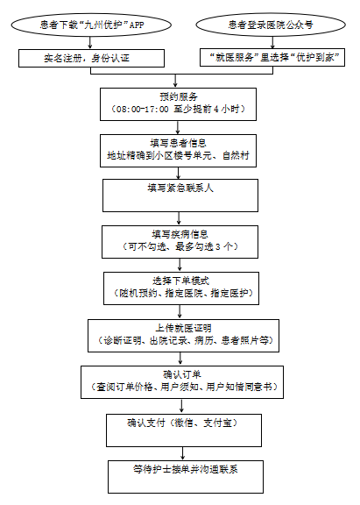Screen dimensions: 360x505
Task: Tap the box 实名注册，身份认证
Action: (x=91, y=58)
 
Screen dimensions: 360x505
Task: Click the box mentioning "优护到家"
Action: (x=272, y=58)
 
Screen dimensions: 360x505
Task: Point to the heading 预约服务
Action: (x=178, y=96)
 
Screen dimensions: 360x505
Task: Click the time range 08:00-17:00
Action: (x=142, y=110)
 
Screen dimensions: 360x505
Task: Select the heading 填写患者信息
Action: (x=178, y=143)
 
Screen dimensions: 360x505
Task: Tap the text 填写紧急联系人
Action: (x=180, y=188)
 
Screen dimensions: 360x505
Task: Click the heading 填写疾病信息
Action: (x=180, y=234)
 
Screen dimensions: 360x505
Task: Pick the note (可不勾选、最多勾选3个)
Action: (x=180, y=246)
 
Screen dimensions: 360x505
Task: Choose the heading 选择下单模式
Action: (x=180, y=281)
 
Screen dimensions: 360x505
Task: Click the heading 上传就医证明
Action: (x=183, y=328)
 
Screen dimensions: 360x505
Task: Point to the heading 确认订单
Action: (x=182, y=374)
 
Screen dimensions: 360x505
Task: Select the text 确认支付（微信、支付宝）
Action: (x=182, y=423)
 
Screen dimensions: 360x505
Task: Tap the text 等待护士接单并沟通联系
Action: (x=186, y=469)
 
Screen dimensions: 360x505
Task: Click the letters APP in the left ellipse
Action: (x=137, y=25)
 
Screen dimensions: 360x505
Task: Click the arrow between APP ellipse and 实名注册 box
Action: (x=90, y=42)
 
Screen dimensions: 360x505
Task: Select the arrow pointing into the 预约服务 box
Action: (x=175, y=81)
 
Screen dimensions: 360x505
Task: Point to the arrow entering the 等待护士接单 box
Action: (x=183, y=453)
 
